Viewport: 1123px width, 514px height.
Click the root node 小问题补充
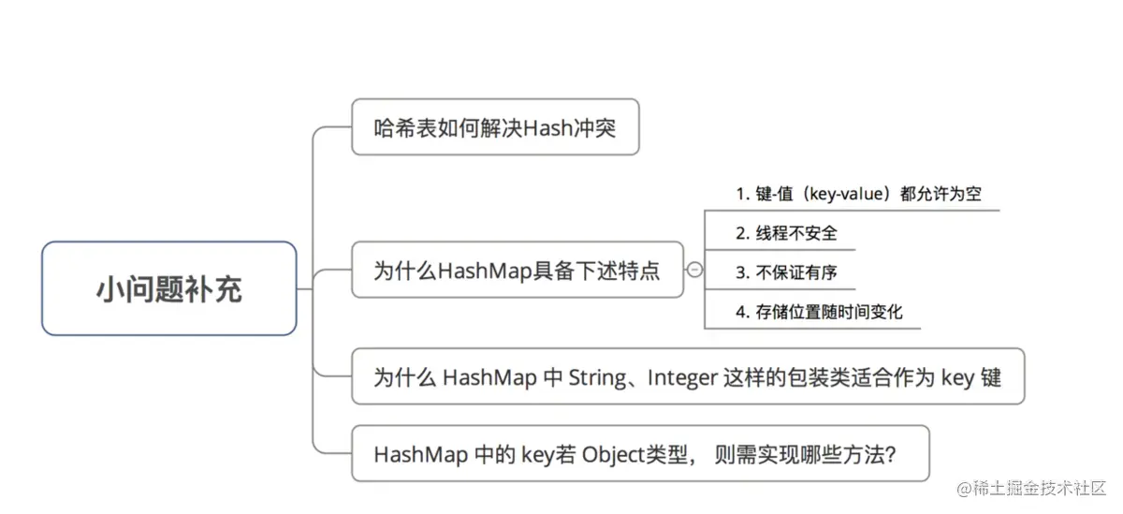click(169, 288)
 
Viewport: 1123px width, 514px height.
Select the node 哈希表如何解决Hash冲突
click(495, 127)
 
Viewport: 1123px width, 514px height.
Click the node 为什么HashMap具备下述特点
click(517, 271)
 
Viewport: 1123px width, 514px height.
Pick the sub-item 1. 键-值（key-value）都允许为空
click(857, 195)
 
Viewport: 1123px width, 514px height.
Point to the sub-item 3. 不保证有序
click(786, 272)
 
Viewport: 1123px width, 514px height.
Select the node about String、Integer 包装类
click(687, 377)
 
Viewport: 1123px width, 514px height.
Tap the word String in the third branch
click(596, 377)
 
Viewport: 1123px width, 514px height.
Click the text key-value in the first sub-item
click(855, 195)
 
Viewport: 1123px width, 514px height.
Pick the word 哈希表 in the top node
click(396, 127)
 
